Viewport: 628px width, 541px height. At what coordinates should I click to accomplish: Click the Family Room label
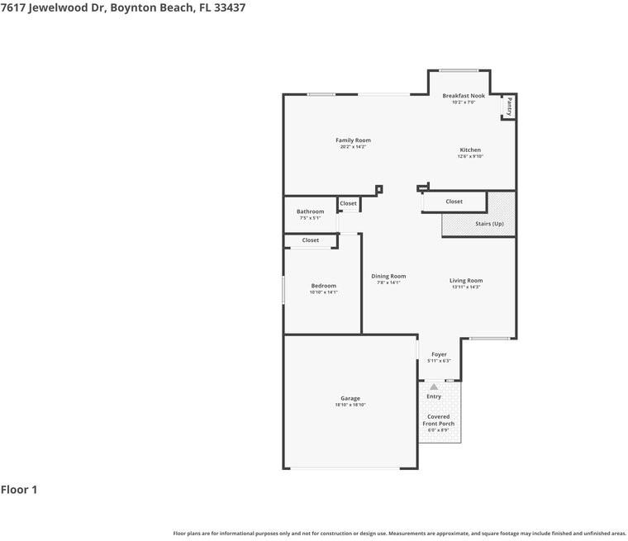[x=353, y=140]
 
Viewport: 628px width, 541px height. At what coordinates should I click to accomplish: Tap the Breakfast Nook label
[x=464, y=96]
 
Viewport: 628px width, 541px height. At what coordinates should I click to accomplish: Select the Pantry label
[x=510, y=107]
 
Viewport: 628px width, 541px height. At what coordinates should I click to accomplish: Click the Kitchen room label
[x=470, y=150]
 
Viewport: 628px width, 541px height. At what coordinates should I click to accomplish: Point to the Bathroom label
[x=311, y=211]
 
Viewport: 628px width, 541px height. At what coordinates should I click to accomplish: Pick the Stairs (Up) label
[x=489, y=224]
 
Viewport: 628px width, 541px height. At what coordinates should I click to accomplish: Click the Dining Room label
[x=388, y=277]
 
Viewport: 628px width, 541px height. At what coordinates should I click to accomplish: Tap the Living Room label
[x=466, y=281]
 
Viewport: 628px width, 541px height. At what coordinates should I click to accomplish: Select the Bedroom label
[x=324, y=286]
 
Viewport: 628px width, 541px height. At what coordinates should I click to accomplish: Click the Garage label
[x=350, y=398]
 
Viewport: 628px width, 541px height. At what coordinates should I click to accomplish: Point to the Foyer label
[x=439, y=354]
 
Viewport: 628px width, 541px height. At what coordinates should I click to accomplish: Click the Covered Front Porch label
[x=439, y=420]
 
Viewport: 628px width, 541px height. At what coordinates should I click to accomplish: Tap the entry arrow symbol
[x=434, y=387]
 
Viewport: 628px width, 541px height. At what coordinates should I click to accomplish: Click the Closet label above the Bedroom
[x=311, y=240]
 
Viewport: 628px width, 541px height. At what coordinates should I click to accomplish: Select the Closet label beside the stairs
[x=454, y=202]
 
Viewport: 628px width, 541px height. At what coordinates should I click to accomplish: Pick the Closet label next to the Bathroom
[x=349, y=203]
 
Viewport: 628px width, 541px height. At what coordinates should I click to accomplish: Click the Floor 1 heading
[x=19, y=490]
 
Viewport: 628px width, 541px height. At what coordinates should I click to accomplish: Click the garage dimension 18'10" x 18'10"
[x=350, y=405]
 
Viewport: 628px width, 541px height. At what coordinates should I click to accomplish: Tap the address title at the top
[x=122, y=7]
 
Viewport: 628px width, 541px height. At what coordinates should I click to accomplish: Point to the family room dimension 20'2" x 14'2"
[x=353, y=147]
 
